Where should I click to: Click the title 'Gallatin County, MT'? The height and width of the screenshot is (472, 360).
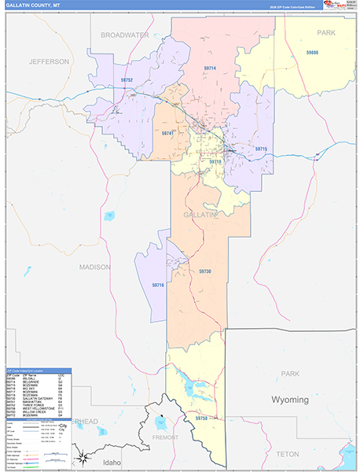coord(33,5)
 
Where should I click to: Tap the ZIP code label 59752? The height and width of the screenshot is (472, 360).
coord(127,80)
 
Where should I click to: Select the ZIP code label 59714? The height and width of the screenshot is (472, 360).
coord(210,68)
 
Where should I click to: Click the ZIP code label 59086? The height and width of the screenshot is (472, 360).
coord(312,52)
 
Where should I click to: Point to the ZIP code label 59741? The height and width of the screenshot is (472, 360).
coord(167,134)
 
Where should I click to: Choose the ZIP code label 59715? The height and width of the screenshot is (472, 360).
coord(261,149)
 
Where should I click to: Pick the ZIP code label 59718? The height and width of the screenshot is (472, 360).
coord(215,161)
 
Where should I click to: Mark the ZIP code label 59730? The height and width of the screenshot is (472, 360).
coord(204,271)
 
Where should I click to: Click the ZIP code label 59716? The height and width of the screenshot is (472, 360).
coord(157,285)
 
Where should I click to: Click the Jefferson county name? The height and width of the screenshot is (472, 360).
coord(50,61)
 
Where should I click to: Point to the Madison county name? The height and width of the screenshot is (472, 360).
coord(94,267)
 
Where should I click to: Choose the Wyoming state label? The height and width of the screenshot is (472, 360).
coord(290,400)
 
